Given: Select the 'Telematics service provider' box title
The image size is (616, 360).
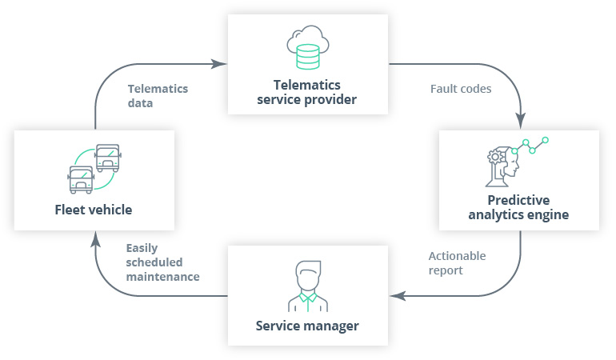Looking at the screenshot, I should [x=308, y=92].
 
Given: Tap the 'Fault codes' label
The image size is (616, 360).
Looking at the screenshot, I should [x=460, y=89].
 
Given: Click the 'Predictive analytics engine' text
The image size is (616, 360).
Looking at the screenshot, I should [x=518, y=207].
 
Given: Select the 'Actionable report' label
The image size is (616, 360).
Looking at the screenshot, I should [x=457, y=263].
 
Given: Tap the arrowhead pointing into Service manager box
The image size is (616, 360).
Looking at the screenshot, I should [x=396, y=295].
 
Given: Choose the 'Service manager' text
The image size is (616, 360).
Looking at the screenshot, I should [x=307, y=326].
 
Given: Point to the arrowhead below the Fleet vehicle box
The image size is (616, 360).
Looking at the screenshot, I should [x=95, y=238].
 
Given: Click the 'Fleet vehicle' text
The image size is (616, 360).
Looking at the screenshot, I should [x=94, y=210].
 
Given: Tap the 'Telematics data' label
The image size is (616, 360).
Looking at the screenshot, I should [x=158, y=95].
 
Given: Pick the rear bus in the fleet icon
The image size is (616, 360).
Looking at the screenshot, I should [x=108, y=157].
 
